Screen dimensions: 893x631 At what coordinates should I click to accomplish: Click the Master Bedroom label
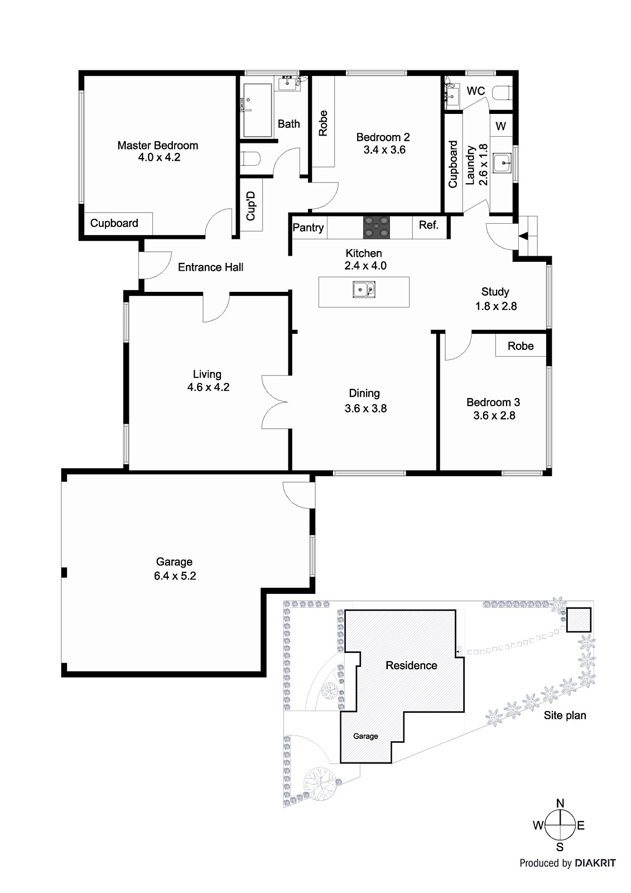tap(157, 146)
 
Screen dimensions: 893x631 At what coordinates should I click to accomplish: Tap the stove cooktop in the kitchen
tap(377, 227)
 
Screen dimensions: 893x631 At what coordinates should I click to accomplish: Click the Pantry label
tap(308, 228)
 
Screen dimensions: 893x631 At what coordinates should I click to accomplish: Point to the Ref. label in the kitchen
tap(428, 225)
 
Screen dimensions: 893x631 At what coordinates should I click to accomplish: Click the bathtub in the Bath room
tap(257, 111)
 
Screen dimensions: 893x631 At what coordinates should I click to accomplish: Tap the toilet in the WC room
tap(502, 93)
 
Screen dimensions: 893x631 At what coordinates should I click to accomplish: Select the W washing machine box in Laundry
tap(500, 126)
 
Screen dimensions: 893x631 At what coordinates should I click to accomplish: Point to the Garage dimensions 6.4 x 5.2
tap(175, 576)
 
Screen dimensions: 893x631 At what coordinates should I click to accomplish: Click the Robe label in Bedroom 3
tap(520, 346)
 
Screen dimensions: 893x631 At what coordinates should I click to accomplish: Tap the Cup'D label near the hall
tap(251, 205)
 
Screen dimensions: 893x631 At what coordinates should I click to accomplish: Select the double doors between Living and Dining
tap(274, 401)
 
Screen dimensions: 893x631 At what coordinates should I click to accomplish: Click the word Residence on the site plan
tap(411, 665)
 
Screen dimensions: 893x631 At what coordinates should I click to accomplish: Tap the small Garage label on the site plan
tap(365, 736)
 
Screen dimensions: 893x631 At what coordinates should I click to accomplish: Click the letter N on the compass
tap(560, 804)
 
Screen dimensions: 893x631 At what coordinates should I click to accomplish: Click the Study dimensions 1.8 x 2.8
tap(495, 306)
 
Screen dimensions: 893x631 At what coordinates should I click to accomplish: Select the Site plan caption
tap(565, 716)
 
